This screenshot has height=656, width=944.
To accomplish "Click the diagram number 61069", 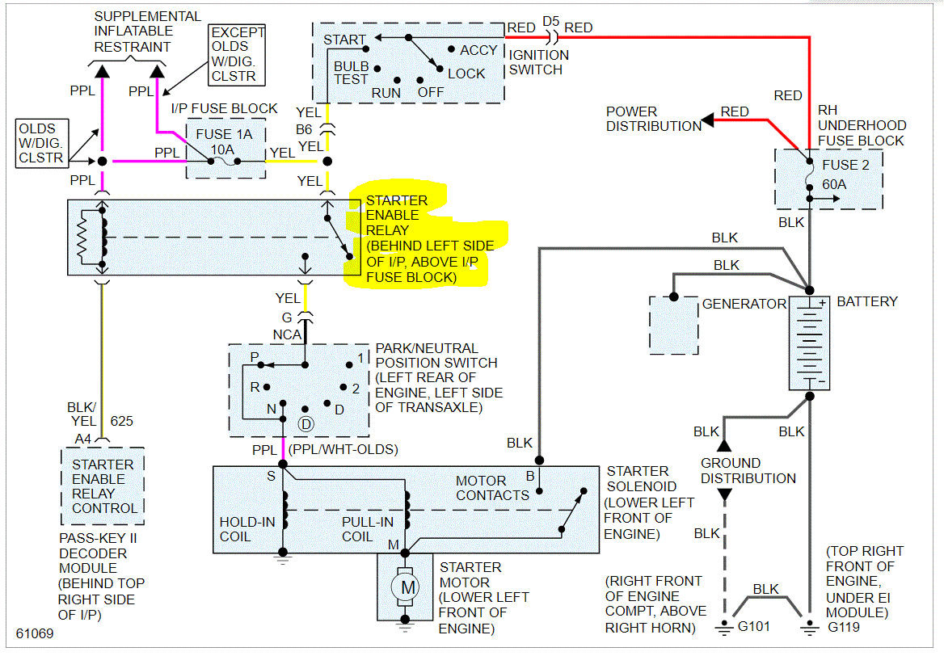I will (35, 633).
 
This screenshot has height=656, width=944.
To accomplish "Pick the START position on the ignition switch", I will (344, 39).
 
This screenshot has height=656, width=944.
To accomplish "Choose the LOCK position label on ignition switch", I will (466, 74).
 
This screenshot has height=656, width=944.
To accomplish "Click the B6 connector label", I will (304, 128).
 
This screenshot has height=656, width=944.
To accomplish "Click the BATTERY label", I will (866, 301).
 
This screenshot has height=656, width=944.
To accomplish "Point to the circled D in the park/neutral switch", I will (306, 423).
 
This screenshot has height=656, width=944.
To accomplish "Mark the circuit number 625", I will (121, 421).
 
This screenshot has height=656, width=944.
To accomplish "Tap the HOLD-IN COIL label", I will (247, 529).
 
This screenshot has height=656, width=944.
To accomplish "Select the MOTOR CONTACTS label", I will (492, 488).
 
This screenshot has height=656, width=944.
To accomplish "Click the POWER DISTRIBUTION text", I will (654, 119).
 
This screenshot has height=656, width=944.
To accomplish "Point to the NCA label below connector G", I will (287, 334).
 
